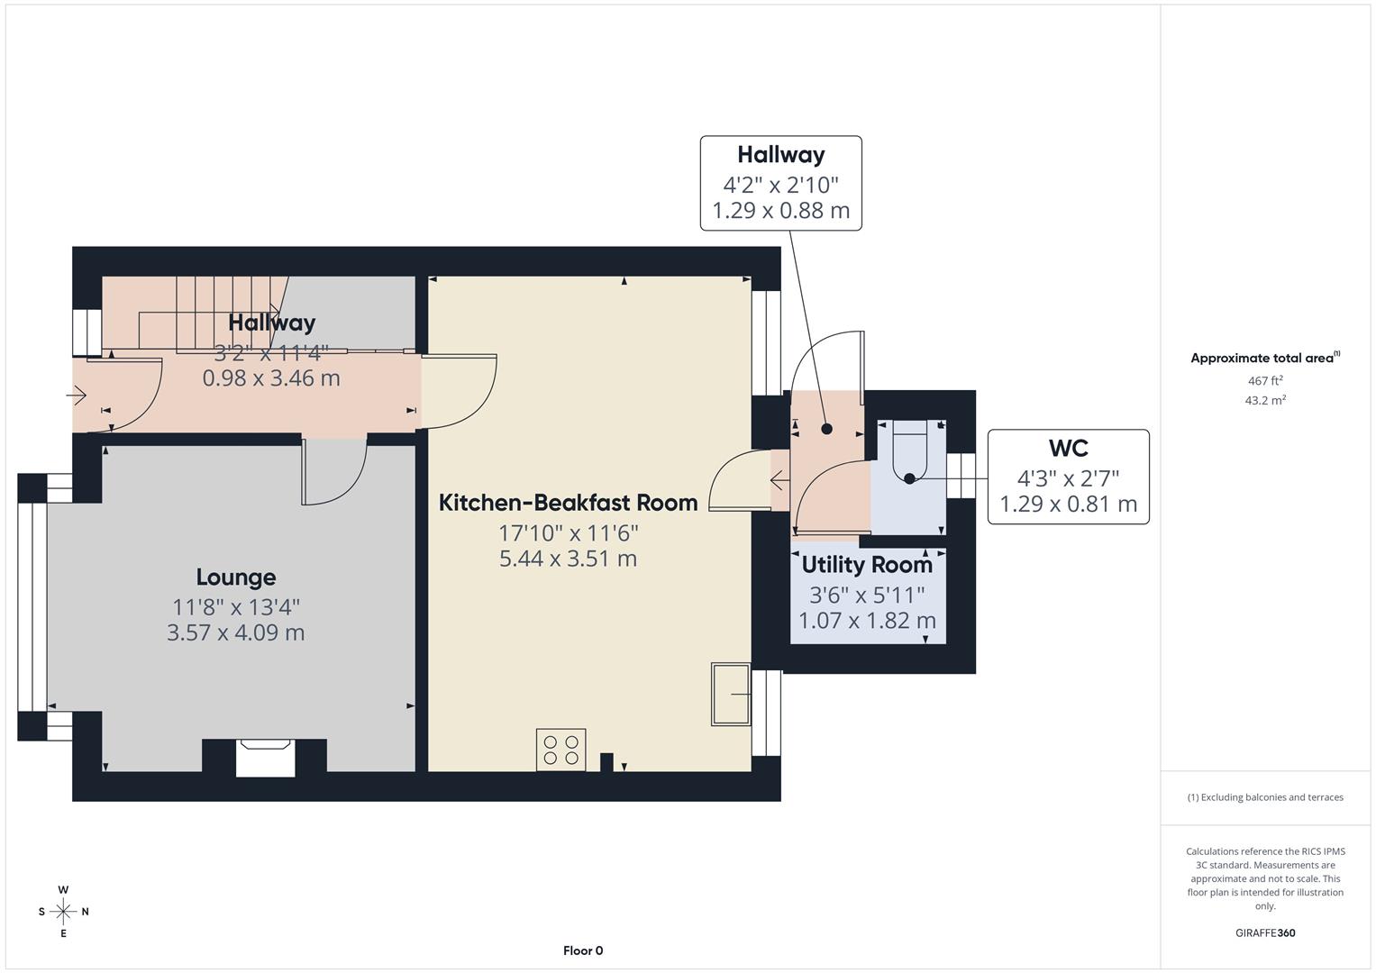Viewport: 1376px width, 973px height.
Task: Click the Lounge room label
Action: tap(236, 577)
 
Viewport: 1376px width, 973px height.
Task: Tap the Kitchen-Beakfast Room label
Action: tap(568, 503)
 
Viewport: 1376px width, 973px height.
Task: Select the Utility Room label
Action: tap(867, 565)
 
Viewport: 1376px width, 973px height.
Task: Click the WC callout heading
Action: tap(1068, 448)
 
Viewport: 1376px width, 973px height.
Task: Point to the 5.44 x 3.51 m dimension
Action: tap(568, 559)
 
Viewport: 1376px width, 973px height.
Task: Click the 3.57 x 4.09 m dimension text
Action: tap(236, 632)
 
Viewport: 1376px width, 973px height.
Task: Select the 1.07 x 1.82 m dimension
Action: tap(867, 621)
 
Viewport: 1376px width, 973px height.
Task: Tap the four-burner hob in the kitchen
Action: tap(560, 750)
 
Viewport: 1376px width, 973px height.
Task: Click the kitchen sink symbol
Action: tap(731, 695)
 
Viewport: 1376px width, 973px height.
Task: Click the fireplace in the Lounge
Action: tap(265, 757)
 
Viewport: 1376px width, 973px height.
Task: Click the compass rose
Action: tap(63, 912)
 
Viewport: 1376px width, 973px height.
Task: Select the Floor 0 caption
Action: tap(583, 950)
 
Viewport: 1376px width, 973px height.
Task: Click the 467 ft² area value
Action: tap(1265, 381)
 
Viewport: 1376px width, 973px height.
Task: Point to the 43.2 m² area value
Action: tap(1265, 401)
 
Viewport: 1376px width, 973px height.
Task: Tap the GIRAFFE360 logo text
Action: tap(1265, 932)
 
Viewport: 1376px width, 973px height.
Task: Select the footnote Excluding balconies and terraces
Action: tap(1265, 797)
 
